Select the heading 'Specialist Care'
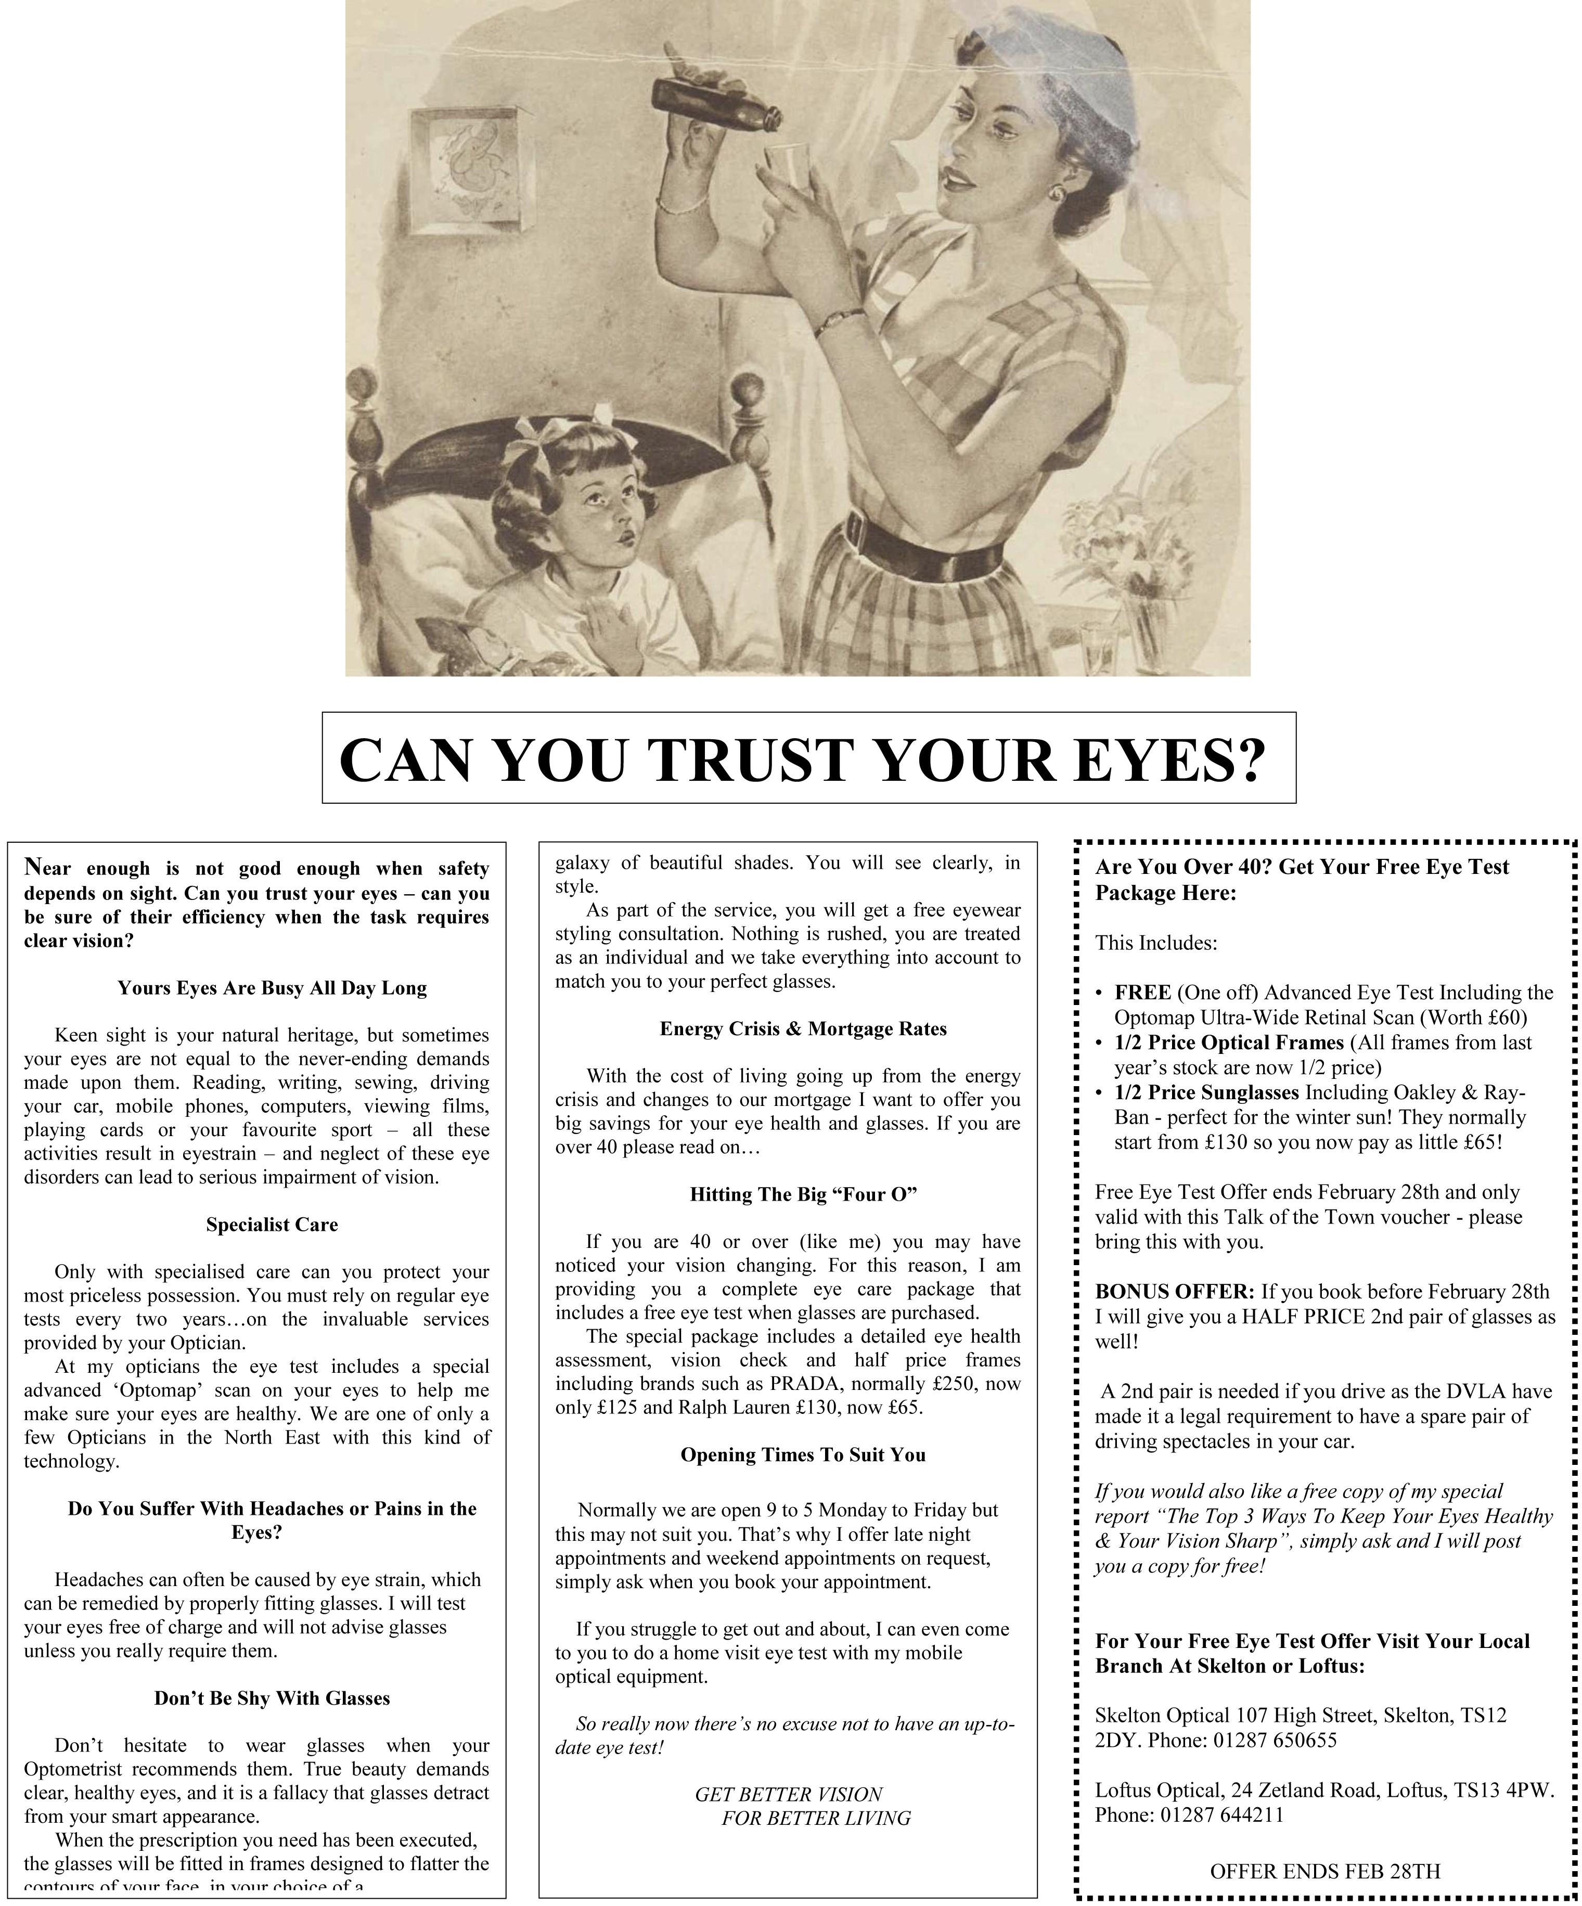tap(272, 1225)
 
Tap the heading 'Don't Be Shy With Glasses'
tap(272, 1698)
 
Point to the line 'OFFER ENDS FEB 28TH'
tap(1324, 1871)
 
